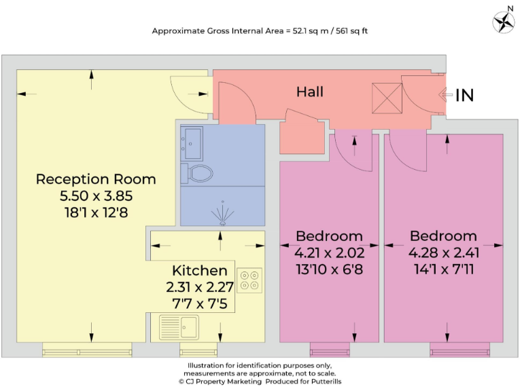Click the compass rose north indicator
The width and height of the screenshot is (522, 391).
point(504,22)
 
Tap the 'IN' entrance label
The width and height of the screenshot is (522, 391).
point(464,96)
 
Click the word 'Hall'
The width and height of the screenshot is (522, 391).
point(309,92)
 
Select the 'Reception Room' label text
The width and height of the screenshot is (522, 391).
point(96,179)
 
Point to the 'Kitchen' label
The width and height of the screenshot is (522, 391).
point(199,270)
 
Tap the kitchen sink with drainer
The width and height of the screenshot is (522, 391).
point(179,327)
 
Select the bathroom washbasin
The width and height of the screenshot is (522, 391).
point(191,141)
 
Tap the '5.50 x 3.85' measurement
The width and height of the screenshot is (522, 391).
point(96,195)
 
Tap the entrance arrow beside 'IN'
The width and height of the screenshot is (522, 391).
point(444,96)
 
